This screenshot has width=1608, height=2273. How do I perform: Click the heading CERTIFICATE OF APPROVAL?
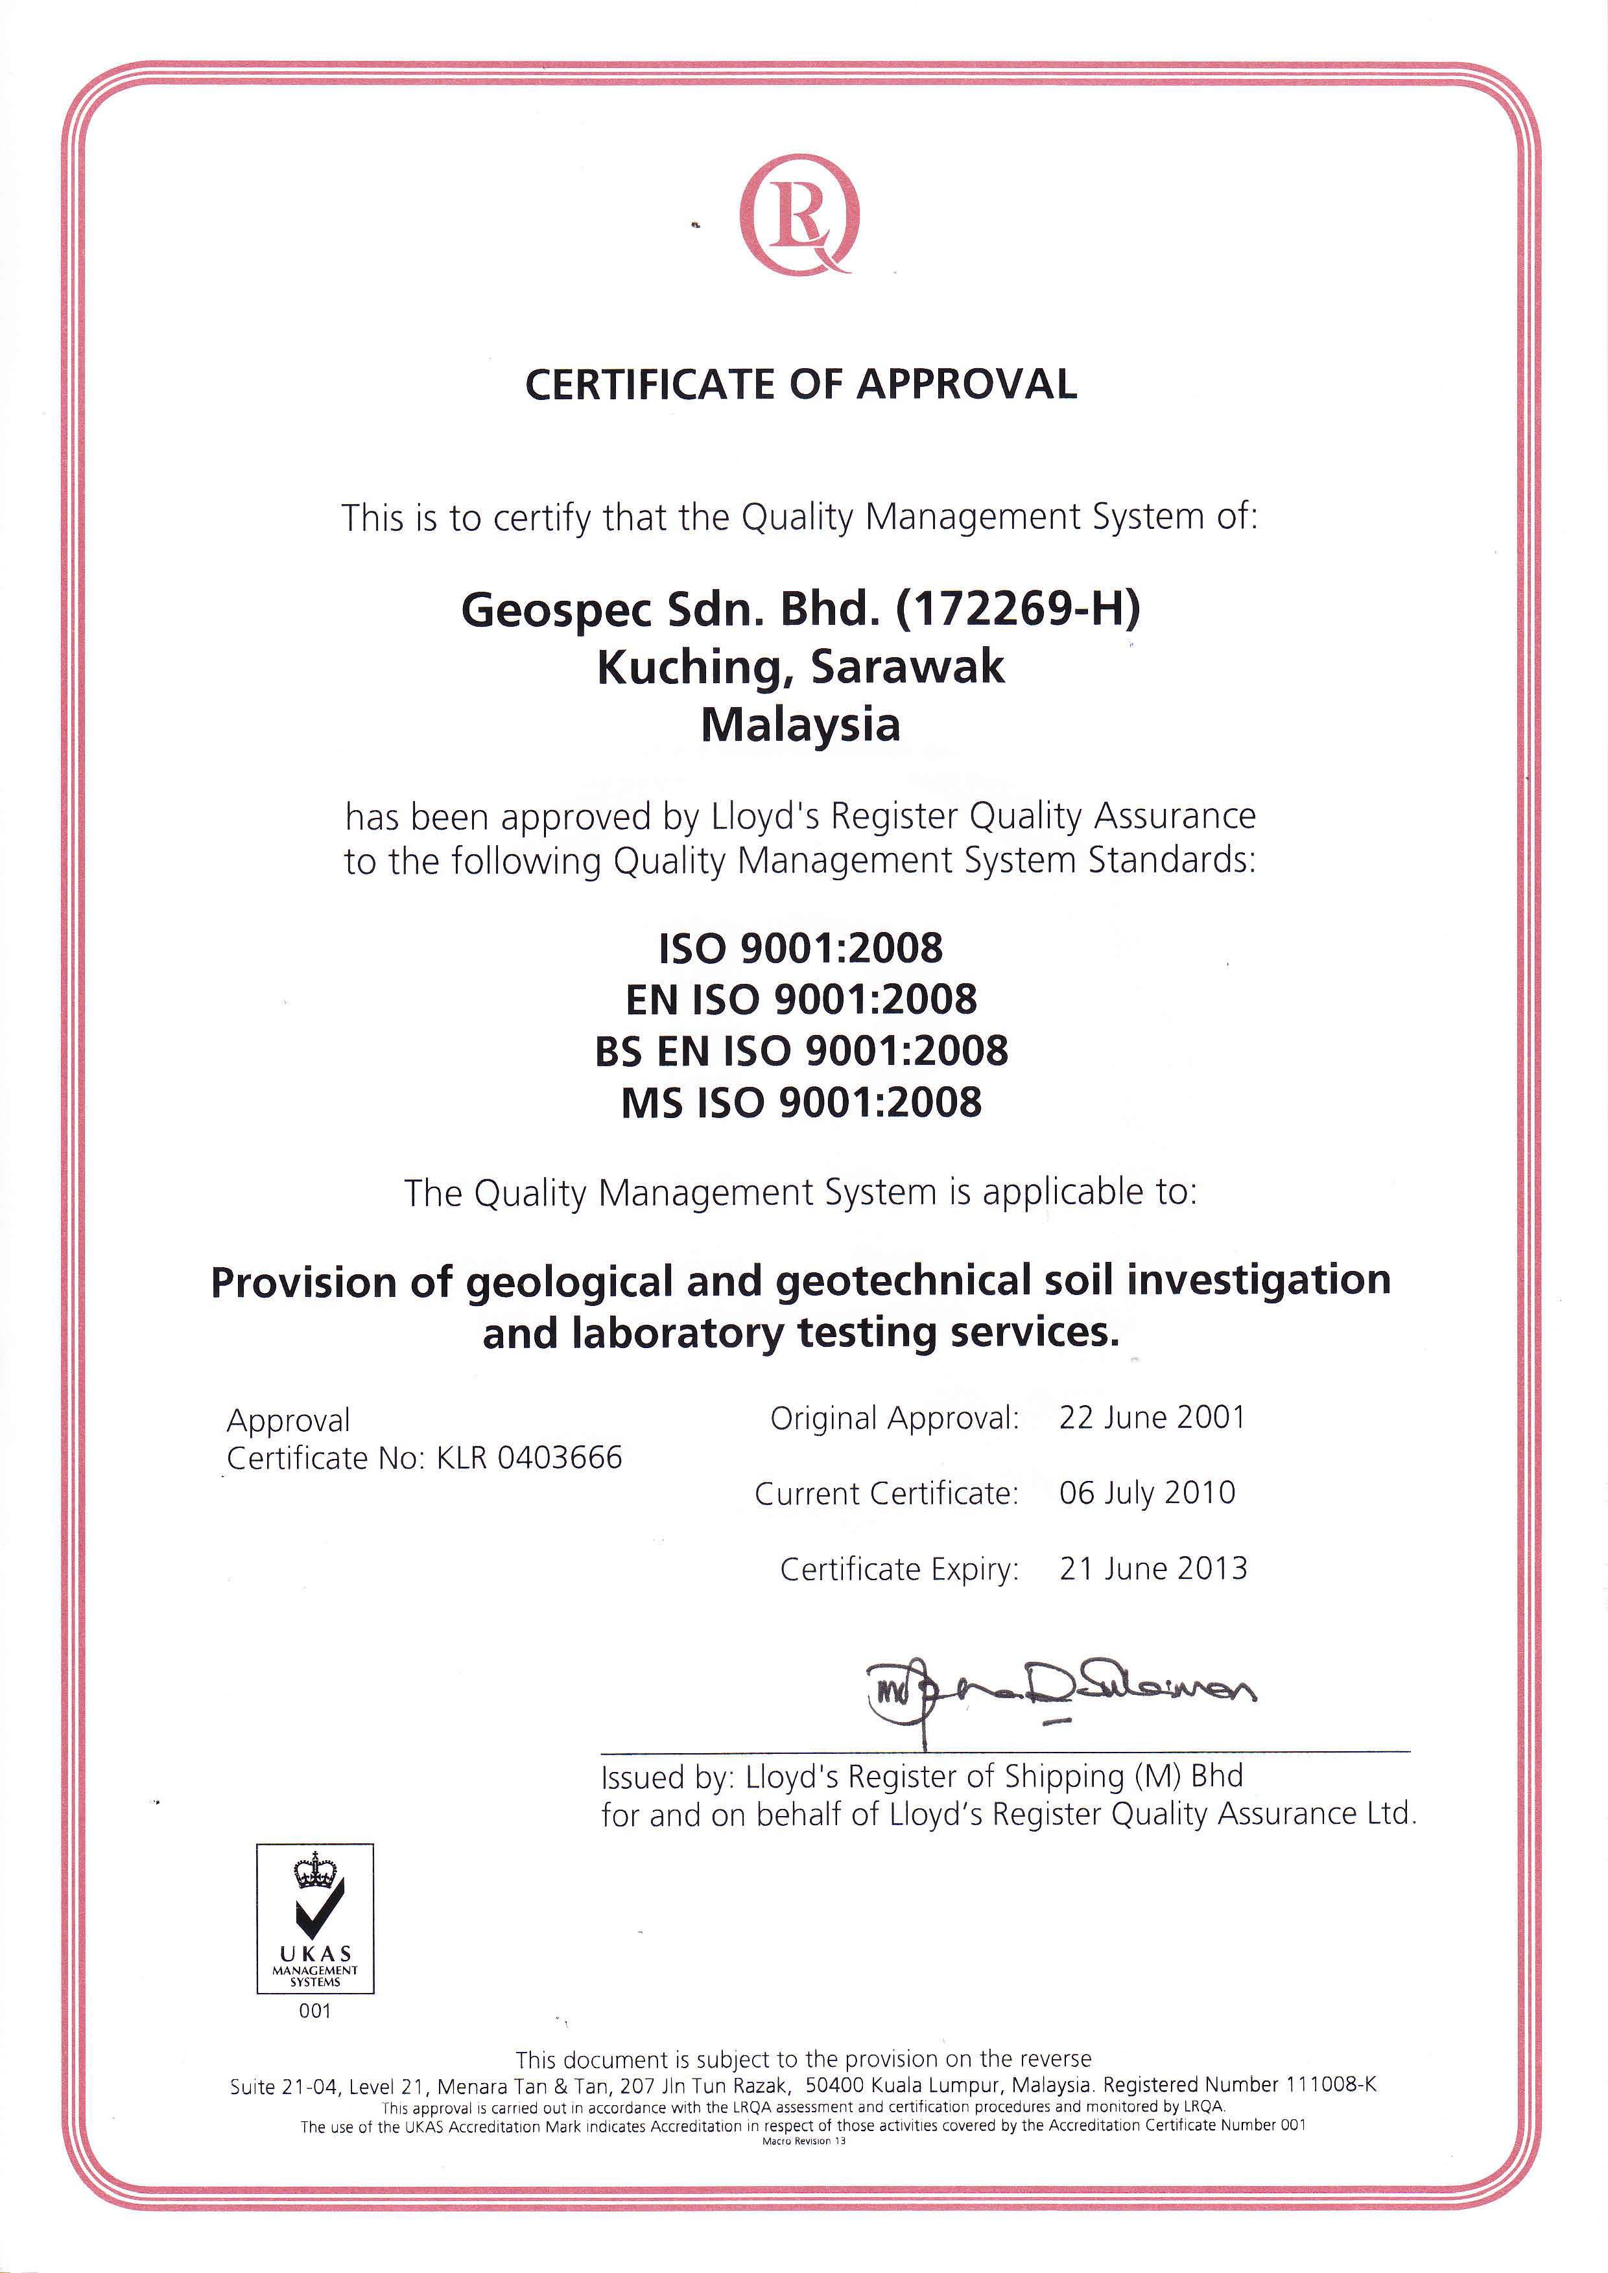(x=801, y=384)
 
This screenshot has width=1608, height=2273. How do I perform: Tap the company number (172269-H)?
(x=1018, y=609)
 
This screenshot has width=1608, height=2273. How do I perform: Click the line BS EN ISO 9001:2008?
(x=801, y=1051)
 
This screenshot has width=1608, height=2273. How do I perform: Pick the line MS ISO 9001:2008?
(x=801, y=1103)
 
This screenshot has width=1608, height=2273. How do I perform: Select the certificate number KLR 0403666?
(x=530, y=1458)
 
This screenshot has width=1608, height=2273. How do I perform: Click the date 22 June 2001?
(x=1152, y=1417)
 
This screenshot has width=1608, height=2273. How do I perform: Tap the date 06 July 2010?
(x=1146, y=1493)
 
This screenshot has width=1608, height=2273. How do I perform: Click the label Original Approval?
(x=894, y=1419)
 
